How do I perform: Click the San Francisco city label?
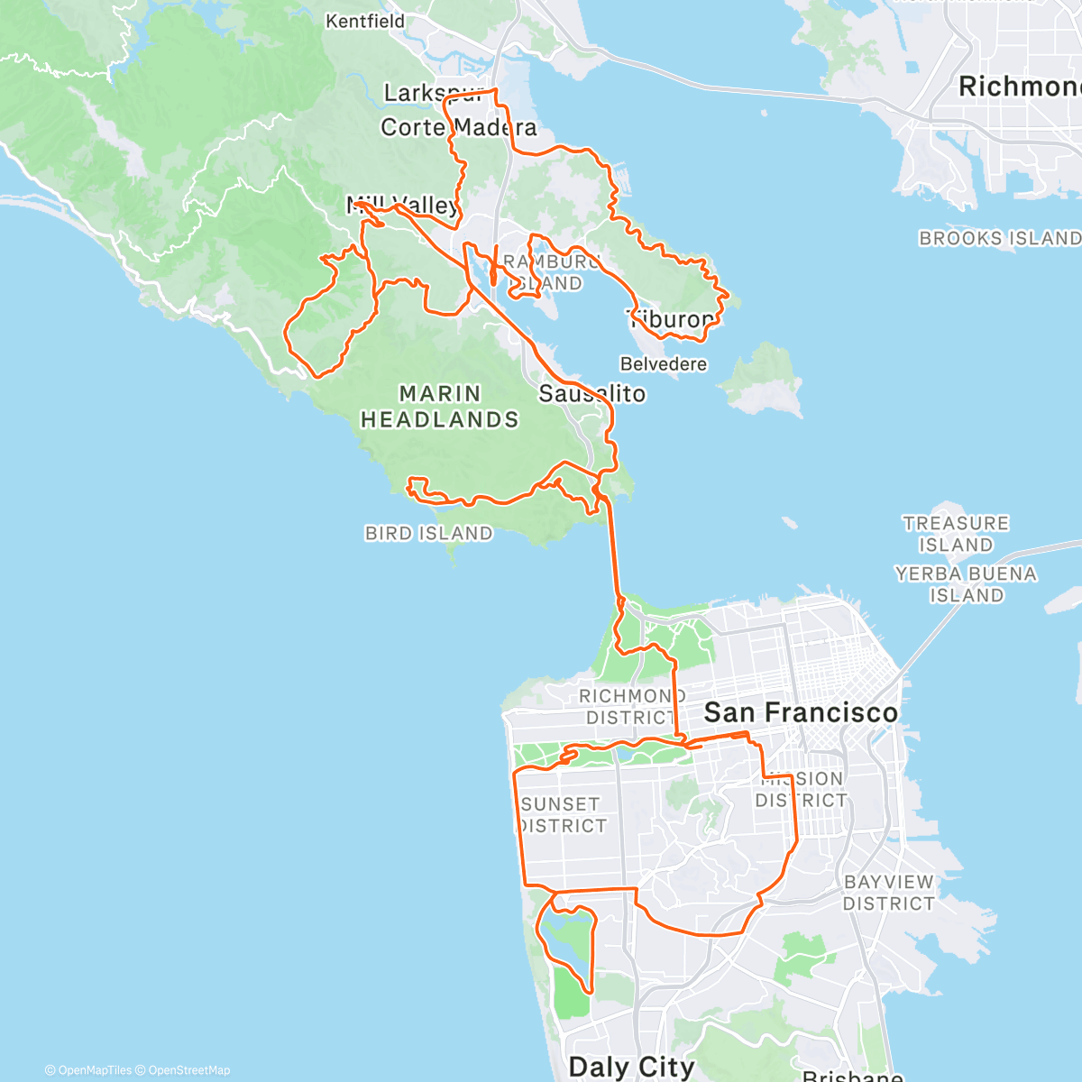coord(801,712)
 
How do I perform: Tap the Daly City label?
coord(631,1067)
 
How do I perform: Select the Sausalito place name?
coord(592,394)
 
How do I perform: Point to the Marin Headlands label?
coord(440,407)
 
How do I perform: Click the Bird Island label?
coord(428,534)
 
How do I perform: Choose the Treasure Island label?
coord(956,534)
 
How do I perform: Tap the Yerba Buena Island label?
coord(966,584)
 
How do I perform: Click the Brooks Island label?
coord(999,239)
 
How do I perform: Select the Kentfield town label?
coord(365,21)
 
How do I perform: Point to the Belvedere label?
coord(664,364)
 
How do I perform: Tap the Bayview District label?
coord(888,893)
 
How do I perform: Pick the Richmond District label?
coord(630,707)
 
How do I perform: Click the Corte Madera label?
coord(458,127)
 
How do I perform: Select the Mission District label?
coord(801,789)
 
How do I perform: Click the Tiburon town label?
coord(673,319)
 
